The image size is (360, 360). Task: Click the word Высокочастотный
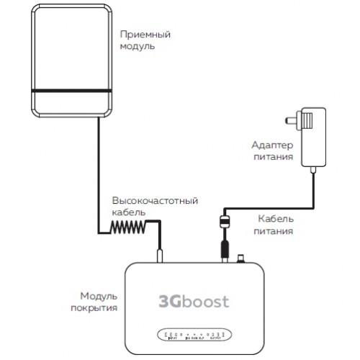click(x=154, y=200)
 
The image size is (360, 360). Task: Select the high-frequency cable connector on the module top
click(x=160, y=256)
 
